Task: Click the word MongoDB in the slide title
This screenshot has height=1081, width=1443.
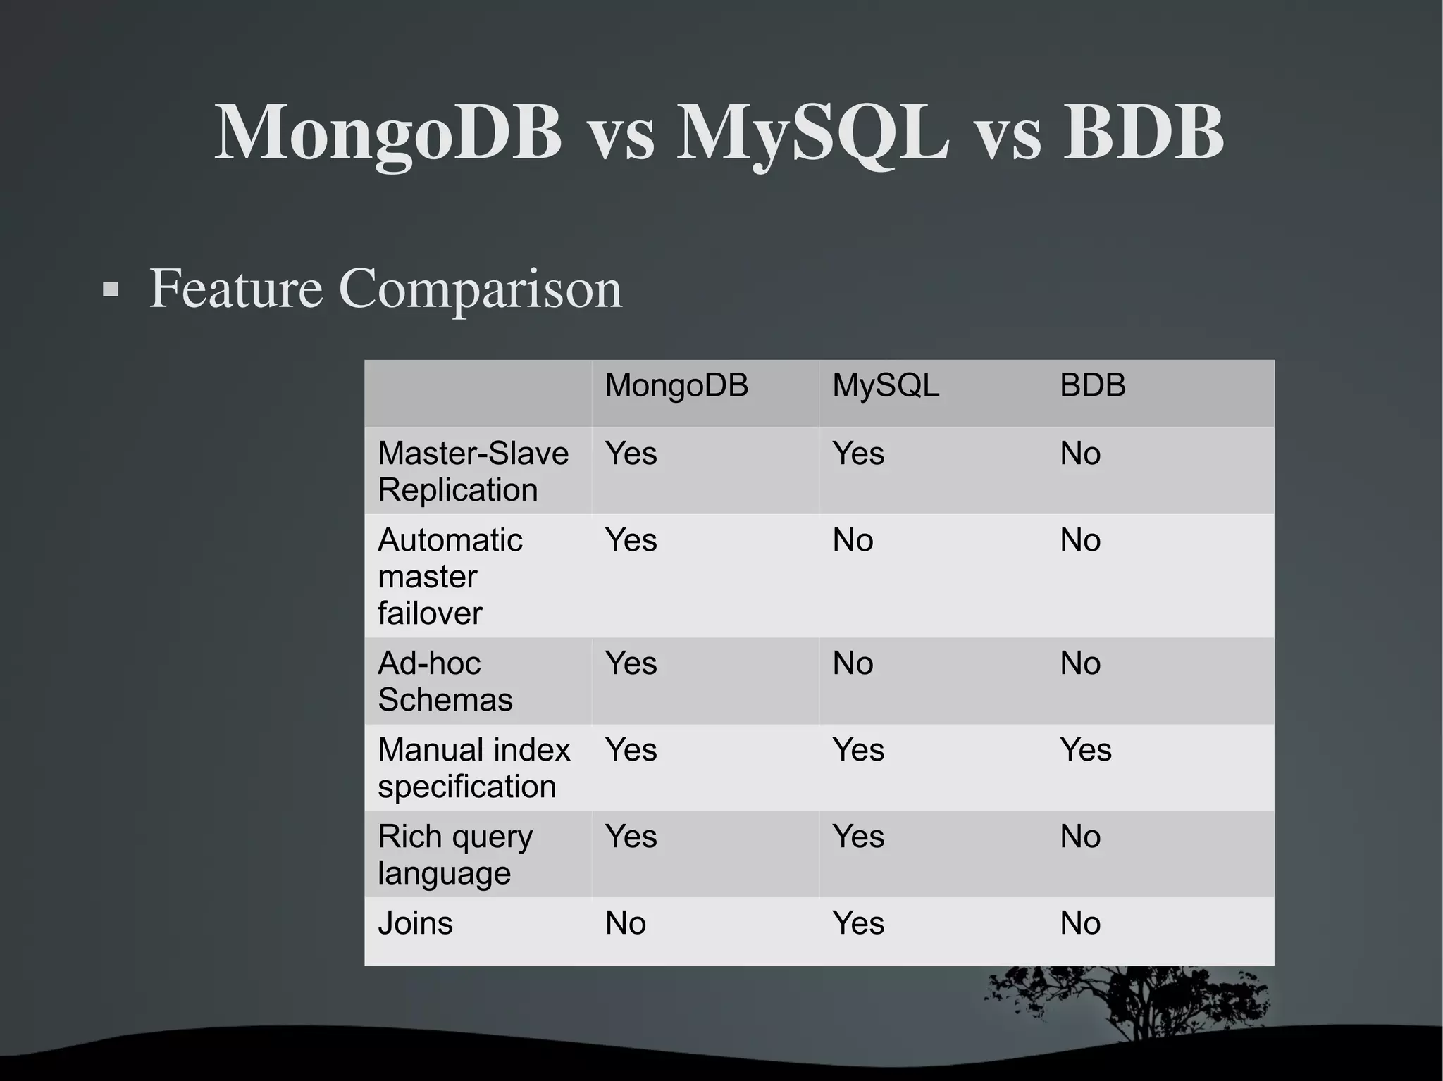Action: tap(388, 134)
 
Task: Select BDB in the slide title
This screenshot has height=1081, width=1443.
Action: tap(1143, 134)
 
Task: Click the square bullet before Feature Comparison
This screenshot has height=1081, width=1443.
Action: tap(110, 289)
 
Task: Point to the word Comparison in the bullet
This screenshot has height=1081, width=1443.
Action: tap(481, 289)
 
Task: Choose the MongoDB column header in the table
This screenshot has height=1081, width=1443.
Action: tap(676, 386)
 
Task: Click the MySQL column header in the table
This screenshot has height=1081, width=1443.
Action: tap(886, 386)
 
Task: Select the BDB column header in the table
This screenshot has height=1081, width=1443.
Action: tap(1092, 386)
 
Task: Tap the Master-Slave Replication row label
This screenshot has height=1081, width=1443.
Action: tap(473, 471)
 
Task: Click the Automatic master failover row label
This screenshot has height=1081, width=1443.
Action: tap(450, 576)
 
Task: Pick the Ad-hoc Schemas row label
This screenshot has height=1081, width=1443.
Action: tap(445, 681)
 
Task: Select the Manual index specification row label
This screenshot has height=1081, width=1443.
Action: tap(473, 768)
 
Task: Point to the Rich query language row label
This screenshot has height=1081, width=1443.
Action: tap(454, 854)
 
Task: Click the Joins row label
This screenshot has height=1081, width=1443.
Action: tap(415, 923)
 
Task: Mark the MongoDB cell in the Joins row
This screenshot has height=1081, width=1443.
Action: tap(625, 923)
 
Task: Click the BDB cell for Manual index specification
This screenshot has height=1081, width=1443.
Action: tap(1085, 750)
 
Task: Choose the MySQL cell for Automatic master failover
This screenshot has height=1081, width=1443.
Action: tap(853, 541)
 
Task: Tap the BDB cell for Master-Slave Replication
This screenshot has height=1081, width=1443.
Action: tap(1080, 454)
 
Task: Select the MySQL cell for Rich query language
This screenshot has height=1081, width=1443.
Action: tap(857, 837)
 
